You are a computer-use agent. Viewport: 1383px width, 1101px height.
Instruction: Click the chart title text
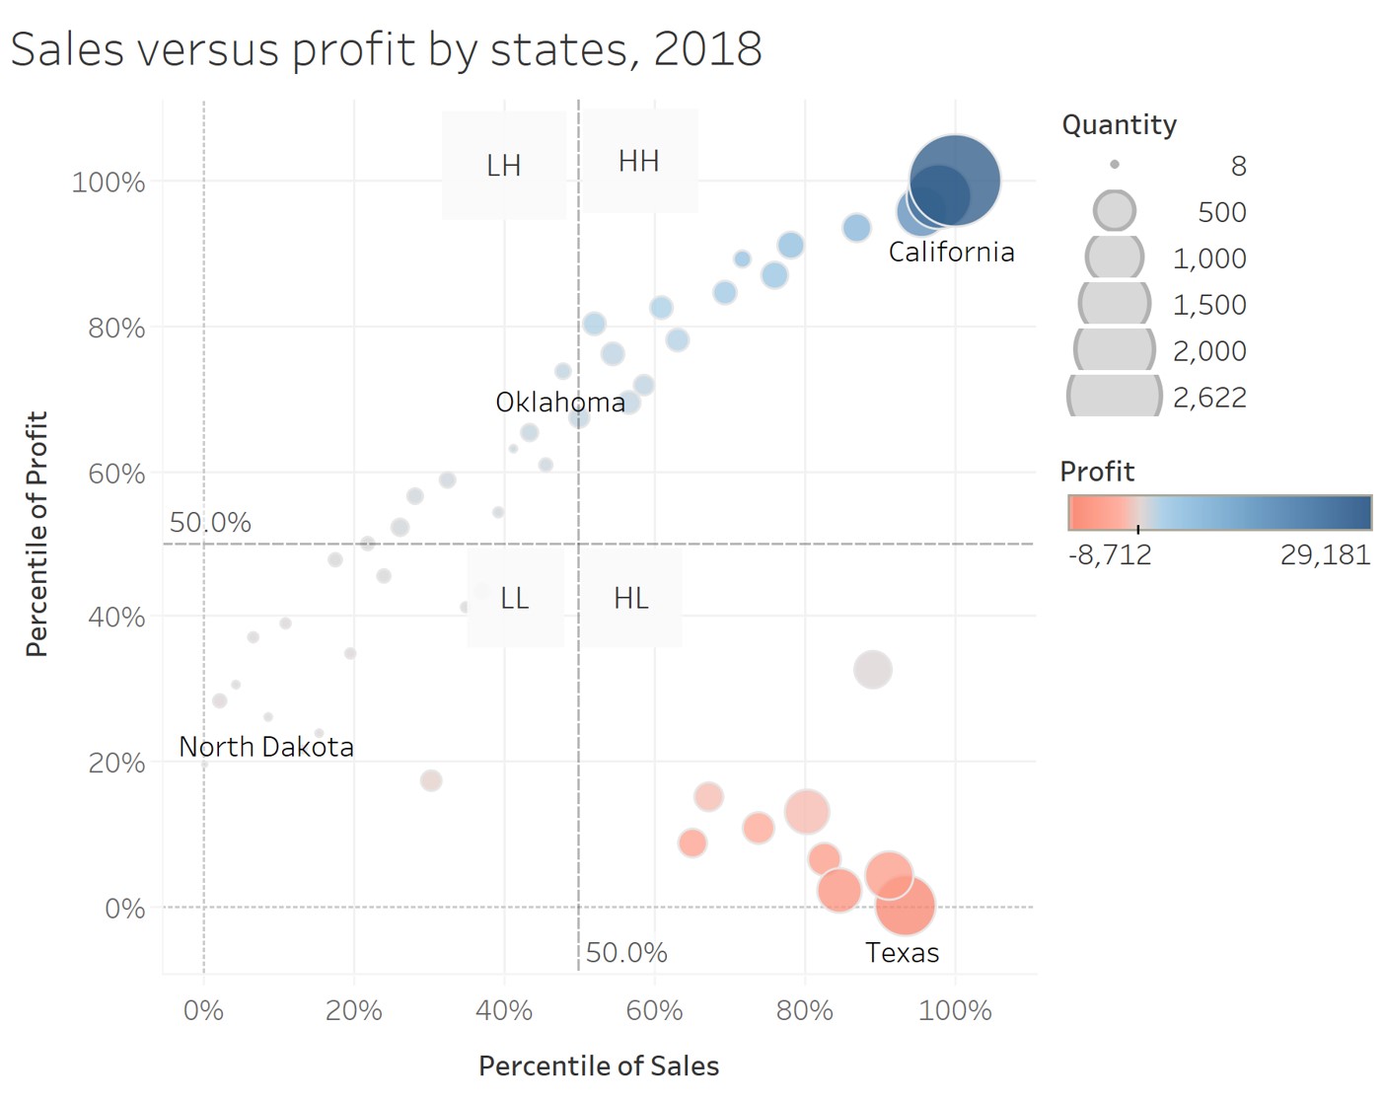coord(386,49)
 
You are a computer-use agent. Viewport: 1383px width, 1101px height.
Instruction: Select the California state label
coord(951,253)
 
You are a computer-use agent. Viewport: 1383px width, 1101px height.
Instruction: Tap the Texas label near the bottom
coord(902,953)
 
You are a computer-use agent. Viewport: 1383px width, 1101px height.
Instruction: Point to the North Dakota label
coord(265,747)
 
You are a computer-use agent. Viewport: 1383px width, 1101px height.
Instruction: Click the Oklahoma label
coord(559,403)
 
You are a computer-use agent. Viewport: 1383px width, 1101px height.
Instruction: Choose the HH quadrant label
coord(638,162)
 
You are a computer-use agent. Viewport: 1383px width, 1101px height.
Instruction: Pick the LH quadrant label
coord(503,166)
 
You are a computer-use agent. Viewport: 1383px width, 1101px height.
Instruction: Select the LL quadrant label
coord(514,599)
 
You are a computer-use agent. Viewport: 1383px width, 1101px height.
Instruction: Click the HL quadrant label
coord(630,599)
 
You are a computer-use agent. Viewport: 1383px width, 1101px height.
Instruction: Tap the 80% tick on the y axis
coord(116,328)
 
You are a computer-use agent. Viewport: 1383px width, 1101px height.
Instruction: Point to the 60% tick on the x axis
coord(654,1010)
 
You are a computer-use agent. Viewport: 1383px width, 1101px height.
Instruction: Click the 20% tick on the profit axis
coord(116,763)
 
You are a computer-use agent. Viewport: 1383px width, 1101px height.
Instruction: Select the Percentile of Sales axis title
coord(599,1066)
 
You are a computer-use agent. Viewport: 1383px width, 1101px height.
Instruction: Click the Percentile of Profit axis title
coord(36,534)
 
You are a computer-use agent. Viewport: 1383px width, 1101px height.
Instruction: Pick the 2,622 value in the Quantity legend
coord(1209,398)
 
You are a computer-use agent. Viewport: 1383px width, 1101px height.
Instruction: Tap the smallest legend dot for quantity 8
coord(1115,165)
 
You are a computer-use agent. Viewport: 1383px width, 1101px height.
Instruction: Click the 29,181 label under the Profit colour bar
coord(1325,554)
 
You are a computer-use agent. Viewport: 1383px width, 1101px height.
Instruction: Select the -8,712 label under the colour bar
coord(1110,554)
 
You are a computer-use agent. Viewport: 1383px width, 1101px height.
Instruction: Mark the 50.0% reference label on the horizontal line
coord(210,523)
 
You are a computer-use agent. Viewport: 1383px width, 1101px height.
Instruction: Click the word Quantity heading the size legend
coord(1119,125)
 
